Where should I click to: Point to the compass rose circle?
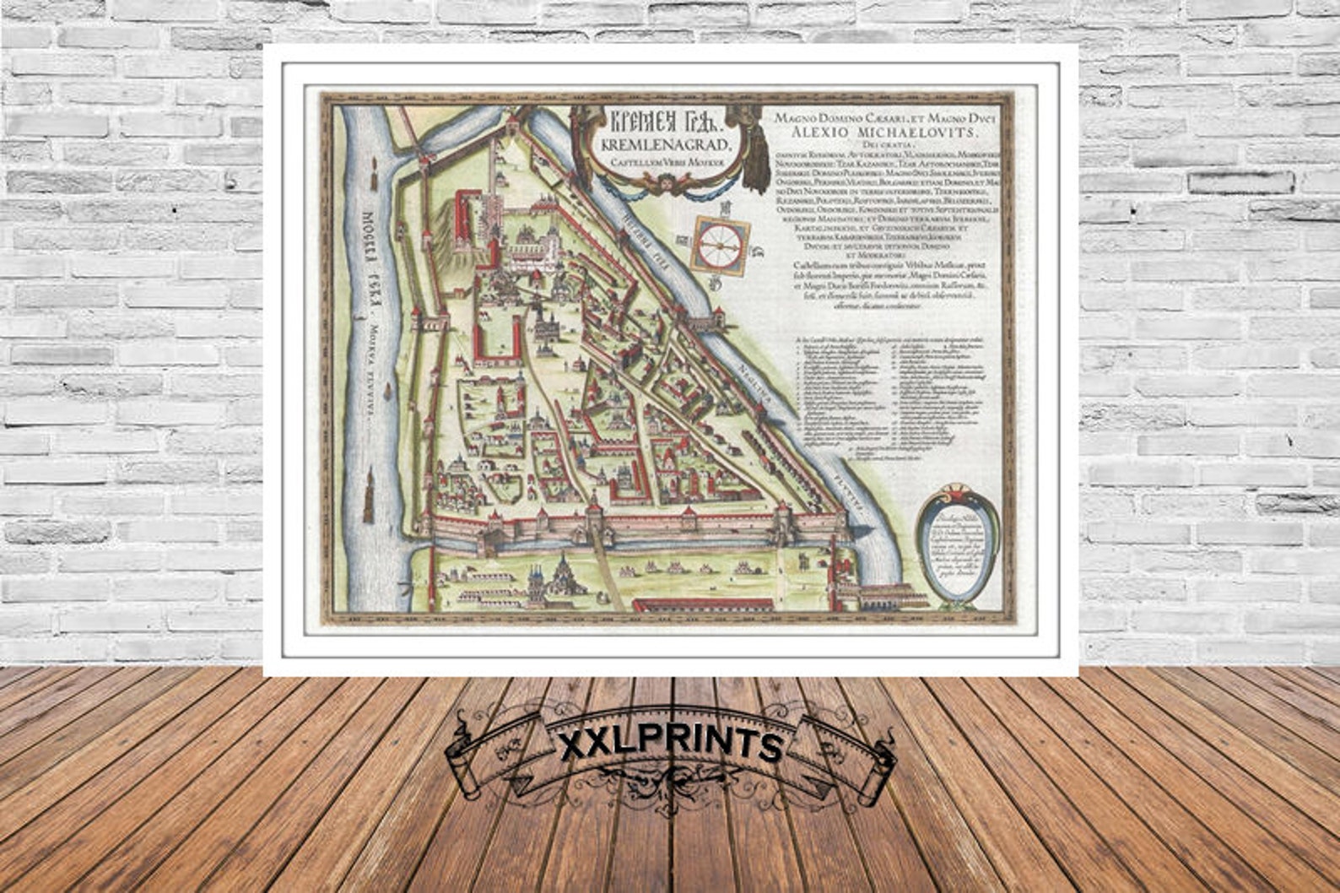click(x=720, y=243)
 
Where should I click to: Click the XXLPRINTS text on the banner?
click(x=671, y=745)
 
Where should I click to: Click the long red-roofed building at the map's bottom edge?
click(x=702, y=604)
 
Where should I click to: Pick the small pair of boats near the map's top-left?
click(x=373, y=178)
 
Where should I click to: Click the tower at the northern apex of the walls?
click(x=511, y=126)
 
